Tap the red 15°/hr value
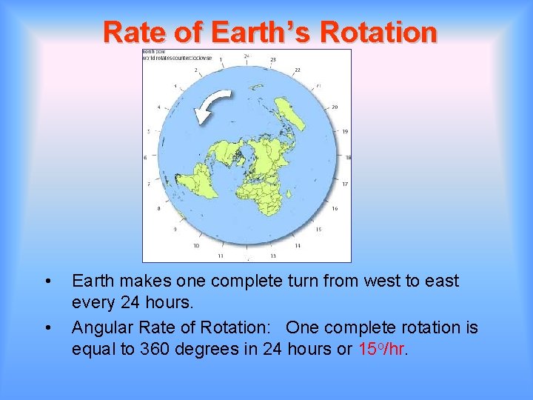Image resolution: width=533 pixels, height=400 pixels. pos(382,349)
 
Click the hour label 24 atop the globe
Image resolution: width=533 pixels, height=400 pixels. pos(246,56)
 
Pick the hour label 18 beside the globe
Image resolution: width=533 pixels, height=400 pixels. pos(347,157)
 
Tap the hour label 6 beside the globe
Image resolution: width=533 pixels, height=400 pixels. pos(145,158)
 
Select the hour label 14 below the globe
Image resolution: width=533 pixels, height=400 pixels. pos(298,245)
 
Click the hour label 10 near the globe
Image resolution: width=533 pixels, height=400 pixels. pos(195,245)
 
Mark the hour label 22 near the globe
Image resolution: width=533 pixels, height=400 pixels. pos(298,70)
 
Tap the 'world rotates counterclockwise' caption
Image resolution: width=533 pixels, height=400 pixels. pos(178,57)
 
